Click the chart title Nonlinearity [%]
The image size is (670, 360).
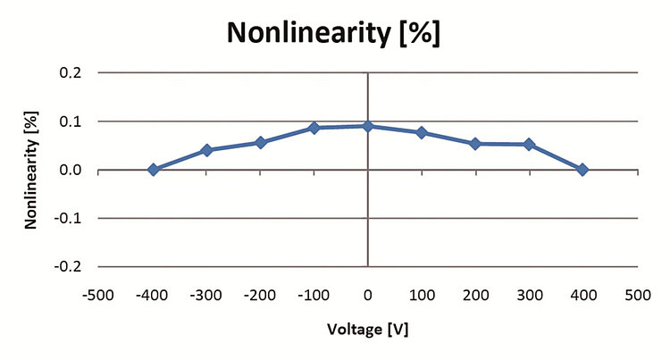335,33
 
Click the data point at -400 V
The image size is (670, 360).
153,170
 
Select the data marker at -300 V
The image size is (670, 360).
206,150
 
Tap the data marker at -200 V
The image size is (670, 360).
260,142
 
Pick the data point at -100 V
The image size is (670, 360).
314,128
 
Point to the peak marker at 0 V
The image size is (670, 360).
368,126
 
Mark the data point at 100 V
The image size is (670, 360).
422,132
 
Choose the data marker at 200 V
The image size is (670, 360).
475,143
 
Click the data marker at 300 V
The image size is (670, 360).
529,144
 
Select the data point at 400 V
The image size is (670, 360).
582,170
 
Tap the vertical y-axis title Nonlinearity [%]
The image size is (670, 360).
31,170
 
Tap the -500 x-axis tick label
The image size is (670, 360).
99,292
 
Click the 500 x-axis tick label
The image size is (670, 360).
636,292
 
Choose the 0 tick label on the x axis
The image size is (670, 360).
368,292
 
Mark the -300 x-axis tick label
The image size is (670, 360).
206,292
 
